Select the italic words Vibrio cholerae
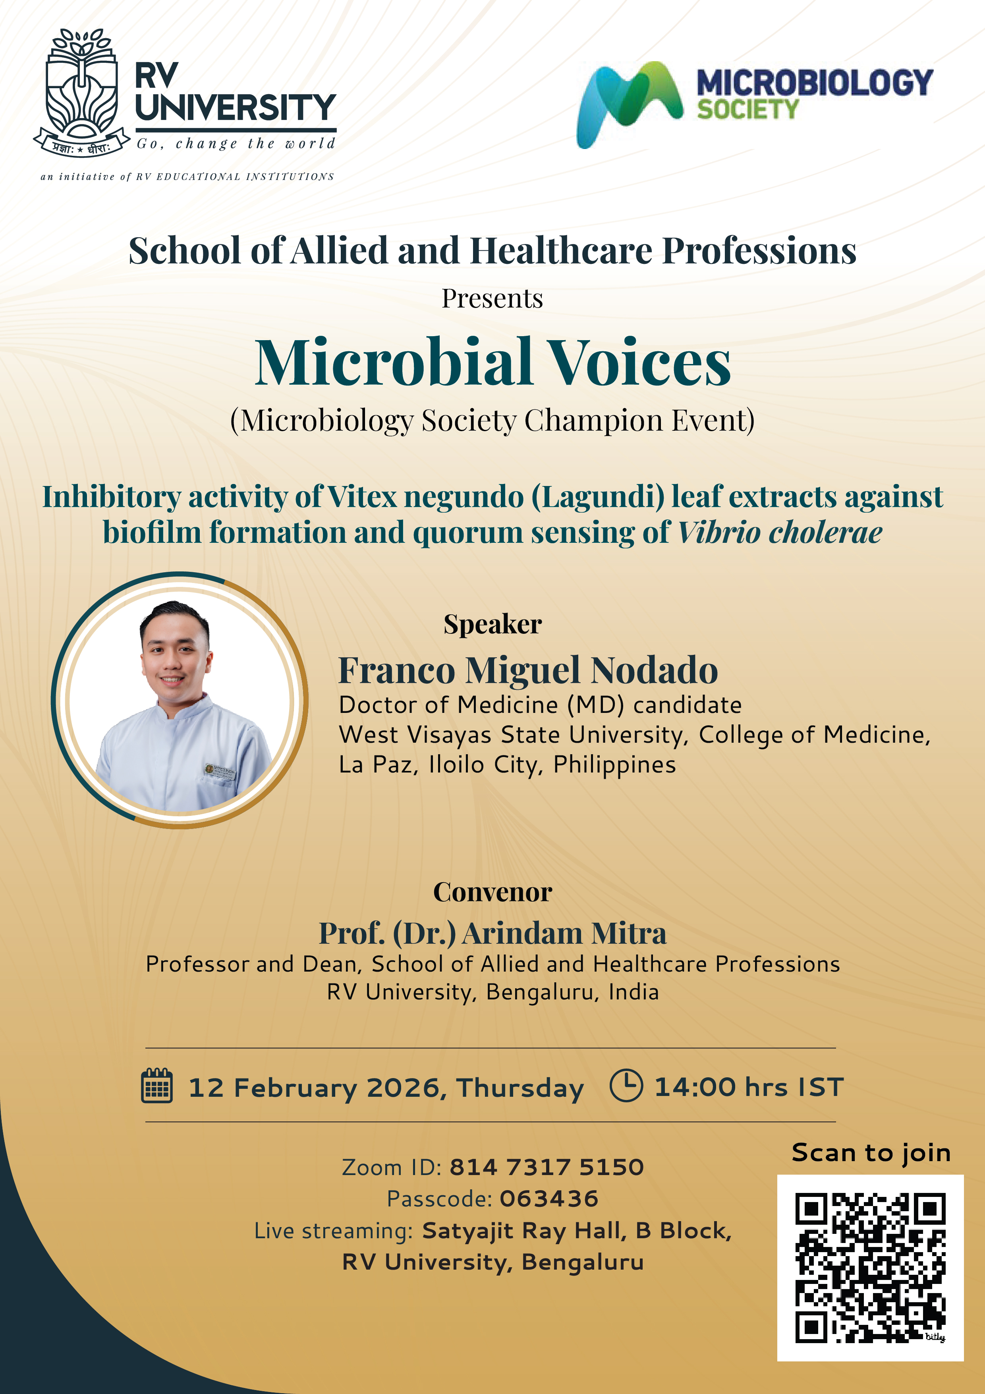coord(780,532)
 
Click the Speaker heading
coord(492,624)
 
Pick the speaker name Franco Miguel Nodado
coord(528,670)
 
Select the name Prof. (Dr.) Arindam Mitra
coord(492,933)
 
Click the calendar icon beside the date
coord(156,1086)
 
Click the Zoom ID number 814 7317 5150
coord(546,1167)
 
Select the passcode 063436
coord(549,1198)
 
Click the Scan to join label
coord(871,1152)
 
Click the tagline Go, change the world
coord(236,144)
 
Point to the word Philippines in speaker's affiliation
coord(614,765)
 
